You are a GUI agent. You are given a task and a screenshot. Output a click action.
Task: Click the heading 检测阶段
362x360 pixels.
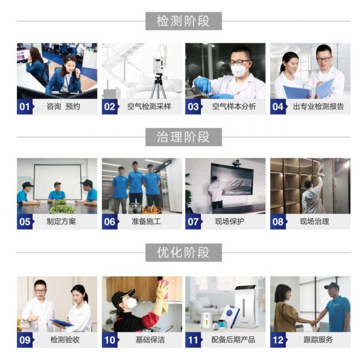tap(183, 21)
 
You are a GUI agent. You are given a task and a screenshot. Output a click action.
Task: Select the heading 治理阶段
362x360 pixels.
tap(183, 137)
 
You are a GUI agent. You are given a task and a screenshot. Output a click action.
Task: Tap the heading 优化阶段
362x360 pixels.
tap(183, 252)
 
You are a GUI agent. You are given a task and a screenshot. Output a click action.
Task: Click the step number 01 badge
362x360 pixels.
tap(25, 107)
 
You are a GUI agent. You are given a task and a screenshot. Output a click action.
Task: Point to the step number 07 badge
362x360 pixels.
tap(194, 222)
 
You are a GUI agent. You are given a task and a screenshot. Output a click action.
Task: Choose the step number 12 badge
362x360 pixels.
tap(279, 340)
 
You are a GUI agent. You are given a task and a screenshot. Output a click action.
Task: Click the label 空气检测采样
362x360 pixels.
tap(149, 106)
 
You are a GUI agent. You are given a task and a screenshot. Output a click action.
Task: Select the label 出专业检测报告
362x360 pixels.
tap(319, 106)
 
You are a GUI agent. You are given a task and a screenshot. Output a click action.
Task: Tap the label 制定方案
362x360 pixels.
tap(61, 222)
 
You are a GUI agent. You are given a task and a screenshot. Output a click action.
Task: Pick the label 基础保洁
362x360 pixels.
tap(150, 339)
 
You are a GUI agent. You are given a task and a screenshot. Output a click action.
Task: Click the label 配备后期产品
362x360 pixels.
tap(233, 339)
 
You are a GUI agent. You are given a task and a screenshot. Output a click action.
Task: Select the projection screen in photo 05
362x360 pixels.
tap(57, 182)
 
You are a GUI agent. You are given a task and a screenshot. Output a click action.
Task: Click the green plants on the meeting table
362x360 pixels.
tap(62, 207)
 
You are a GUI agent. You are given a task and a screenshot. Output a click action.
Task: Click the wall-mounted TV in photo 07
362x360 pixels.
tap(232, 179)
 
